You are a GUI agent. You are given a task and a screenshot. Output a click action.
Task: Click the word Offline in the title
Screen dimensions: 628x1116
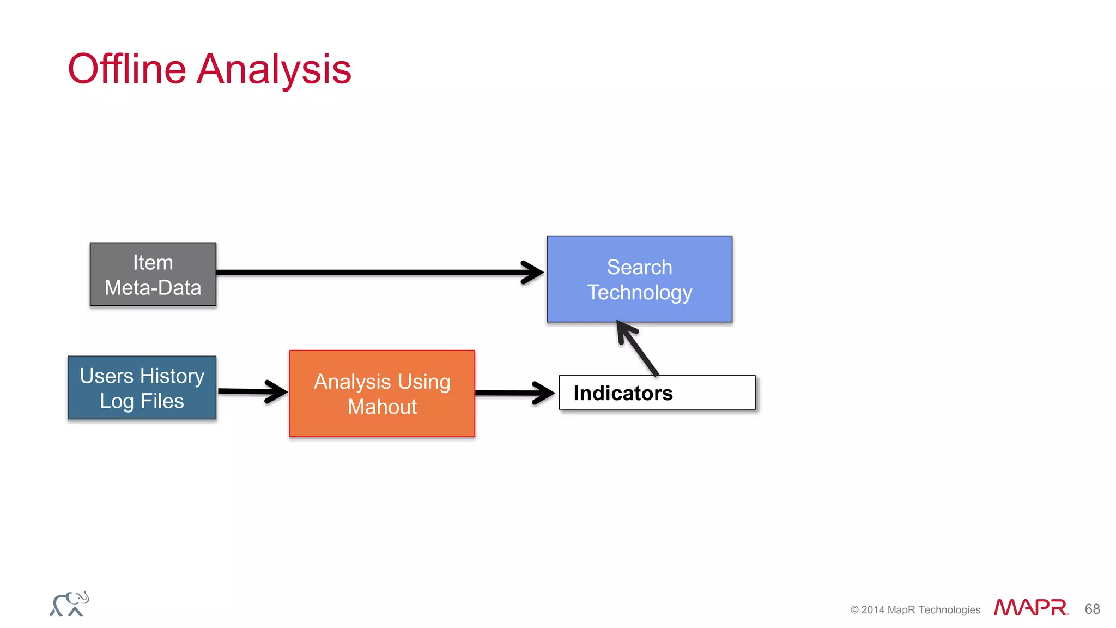click(126, 69)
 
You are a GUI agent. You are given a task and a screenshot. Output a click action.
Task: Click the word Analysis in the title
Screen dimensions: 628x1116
click(274, 69)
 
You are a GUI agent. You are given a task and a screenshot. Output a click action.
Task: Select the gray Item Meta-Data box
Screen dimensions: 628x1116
click(153, 274)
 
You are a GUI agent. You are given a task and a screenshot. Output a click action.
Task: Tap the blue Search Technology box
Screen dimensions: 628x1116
click(639, 279)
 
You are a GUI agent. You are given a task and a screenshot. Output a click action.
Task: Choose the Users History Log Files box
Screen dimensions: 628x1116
click(142, 388)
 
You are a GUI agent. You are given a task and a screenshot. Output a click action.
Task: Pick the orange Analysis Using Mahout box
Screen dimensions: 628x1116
click(382, 394)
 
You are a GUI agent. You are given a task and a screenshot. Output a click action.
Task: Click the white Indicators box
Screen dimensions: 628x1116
click(708, 392)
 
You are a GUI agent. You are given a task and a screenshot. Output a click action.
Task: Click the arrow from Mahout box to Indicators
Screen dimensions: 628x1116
click(512, 392)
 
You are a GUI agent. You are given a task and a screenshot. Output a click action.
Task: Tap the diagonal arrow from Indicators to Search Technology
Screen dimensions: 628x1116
click(639, 349)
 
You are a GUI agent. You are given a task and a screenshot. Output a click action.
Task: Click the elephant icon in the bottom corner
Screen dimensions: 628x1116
click(69, 604)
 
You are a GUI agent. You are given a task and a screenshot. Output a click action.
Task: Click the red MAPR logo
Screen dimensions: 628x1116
click(1030, 607)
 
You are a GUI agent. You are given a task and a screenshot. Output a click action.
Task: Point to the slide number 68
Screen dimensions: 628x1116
click(1092, 609)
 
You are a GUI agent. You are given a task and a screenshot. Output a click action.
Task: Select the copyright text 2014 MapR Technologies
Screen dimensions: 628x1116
click(915, 610)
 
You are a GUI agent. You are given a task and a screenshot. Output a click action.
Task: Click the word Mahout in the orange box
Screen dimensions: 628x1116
click(382, 407)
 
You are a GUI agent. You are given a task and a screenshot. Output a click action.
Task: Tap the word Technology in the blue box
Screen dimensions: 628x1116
click(639, 293)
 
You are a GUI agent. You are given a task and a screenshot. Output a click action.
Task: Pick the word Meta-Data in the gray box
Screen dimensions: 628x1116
click(153, 288)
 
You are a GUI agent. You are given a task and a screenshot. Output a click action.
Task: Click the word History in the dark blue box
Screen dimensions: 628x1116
click(172, 376)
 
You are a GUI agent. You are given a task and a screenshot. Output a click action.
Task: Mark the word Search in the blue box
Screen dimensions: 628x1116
click(639, 267)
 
